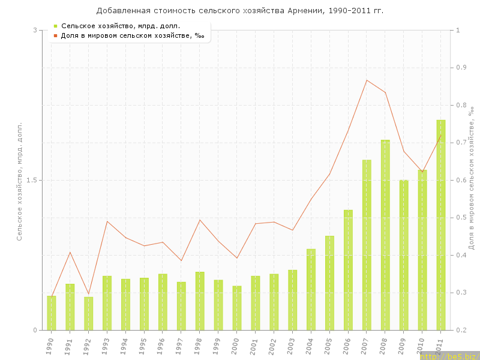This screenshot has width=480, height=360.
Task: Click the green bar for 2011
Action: point(441,225)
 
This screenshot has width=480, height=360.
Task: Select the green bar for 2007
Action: point(367,245)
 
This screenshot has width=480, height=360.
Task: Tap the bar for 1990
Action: point(52,313)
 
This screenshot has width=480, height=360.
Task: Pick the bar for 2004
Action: point(311,289)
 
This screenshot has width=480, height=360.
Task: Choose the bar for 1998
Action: point(200,301)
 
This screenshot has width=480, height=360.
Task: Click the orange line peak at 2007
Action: point(367,80)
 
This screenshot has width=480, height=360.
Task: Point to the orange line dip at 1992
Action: point(89,294)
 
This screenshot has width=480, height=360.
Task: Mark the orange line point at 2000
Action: point(237,258)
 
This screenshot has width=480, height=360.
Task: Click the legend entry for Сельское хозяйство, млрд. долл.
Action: point(120,26)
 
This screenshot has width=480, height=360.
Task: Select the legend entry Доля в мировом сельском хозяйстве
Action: point(132,35)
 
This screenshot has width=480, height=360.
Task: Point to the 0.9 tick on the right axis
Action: point(461,68)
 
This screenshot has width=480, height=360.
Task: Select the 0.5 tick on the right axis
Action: point(461,218)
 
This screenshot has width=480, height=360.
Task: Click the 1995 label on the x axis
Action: point(143,344)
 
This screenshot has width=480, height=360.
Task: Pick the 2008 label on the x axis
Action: point(384,344)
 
